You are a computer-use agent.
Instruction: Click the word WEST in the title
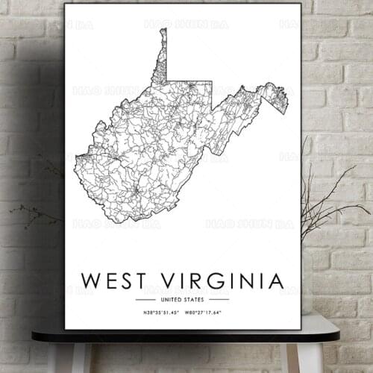tap(112, 280)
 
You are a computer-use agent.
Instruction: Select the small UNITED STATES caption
tap(182, 299)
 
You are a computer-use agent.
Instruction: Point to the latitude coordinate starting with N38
tap(157, 311)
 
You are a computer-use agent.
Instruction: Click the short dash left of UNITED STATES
tap(145, 299)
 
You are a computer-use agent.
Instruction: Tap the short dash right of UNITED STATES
tap(219, 299)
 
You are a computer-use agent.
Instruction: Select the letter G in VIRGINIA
tap(217, 280)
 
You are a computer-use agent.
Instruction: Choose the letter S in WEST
tap(122, 280)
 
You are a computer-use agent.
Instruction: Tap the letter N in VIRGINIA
tap(247, 280)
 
